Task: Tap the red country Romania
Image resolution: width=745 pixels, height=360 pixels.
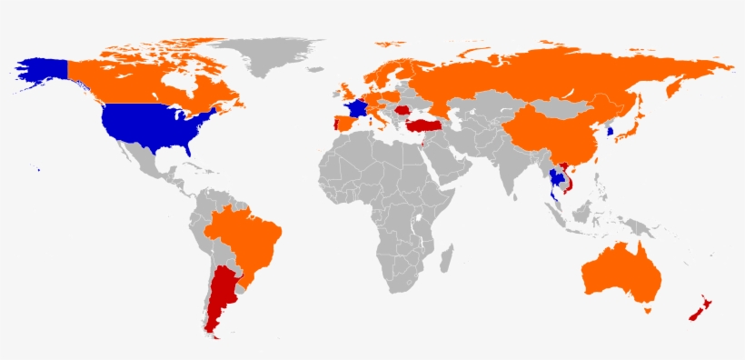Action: pos(401,111)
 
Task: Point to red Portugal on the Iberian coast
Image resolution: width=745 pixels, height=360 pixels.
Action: pos(334,125)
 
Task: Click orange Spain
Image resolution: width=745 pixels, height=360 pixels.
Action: pos(344,123)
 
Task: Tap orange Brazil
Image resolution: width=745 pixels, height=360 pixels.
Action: pos(241,241)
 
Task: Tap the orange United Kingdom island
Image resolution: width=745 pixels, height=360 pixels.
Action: pos(346,91)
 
